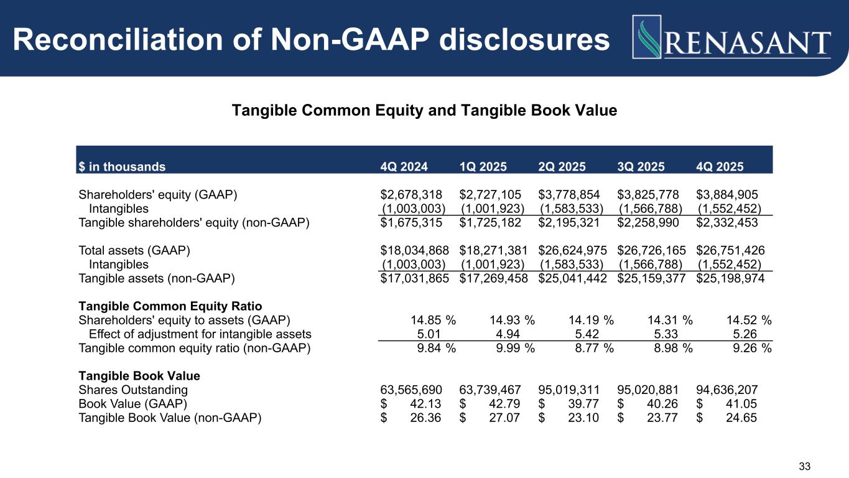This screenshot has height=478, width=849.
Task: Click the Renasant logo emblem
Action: (647, 37)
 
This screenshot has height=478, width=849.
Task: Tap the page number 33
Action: (804, 466)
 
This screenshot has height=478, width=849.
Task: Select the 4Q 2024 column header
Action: (404, 167)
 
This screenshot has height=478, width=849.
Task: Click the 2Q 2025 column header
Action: (562, 167)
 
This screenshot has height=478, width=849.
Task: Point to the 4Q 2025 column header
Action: (720, 167)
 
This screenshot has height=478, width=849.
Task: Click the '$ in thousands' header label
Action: (122, 167)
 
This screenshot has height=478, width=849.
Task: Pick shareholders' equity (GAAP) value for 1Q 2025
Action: (490, 195)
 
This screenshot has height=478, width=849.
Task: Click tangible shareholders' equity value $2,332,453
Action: (727, 222)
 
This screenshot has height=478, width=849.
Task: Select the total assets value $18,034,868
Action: (415, 250)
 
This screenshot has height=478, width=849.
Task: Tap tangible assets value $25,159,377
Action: (652, 278)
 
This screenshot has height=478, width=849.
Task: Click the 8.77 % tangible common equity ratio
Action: (595, 348)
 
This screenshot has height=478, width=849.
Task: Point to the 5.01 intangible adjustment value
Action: (429, 334)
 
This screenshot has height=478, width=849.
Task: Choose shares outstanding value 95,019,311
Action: (569, 390)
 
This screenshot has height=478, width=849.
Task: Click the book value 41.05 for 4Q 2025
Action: (741, 404)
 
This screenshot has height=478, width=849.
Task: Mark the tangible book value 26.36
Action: (425, 418)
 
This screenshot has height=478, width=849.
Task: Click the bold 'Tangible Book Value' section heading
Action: (139, 375)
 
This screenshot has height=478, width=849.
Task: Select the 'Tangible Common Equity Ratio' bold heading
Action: (170, 306)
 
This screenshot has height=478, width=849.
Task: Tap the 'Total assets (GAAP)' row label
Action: (134, 250)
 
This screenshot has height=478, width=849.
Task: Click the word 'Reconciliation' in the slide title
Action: (118, 39)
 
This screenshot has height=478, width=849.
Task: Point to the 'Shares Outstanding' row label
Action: (133, 390)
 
